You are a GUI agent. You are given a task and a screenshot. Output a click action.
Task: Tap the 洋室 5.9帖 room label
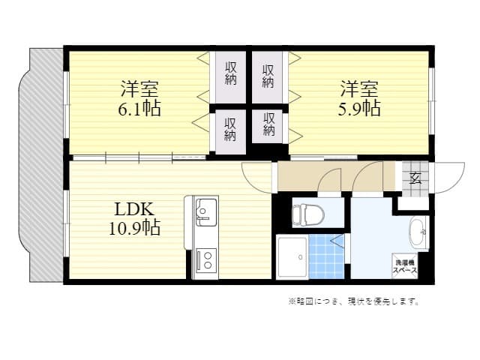tap(361, 97)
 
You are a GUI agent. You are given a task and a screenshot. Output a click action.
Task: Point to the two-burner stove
tap(205, 259)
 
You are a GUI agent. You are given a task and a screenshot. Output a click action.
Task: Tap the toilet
tap(307, 214)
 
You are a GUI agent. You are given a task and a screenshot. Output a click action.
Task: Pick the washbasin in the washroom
tap(418, 232)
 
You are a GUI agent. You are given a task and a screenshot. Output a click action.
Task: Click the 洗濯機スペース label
tap(406, 264)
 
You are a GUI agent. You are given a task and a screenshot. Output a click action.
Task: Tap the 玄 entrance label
tap(415, 178)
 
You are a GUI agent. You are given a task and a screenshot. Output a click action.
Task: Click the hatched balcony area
tap(44, 165)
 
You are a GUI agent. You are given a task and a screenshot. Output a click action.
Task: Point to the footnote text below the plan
tap(352, 301)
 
